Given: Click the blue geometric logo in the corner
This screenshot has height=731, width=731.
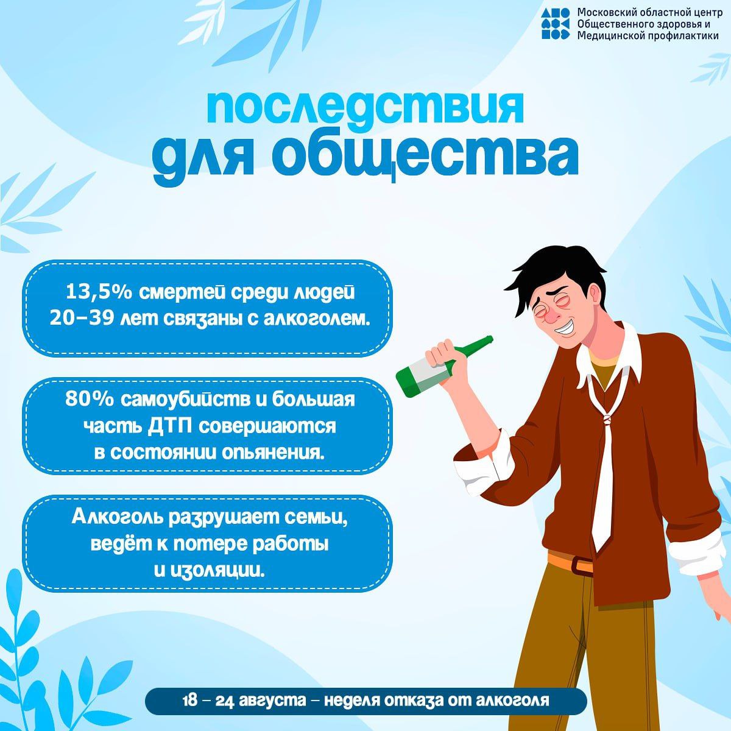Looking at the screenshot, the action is point(556,24).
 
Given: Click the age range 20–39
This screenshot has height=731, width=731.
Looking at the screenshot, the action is point(81,319).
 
